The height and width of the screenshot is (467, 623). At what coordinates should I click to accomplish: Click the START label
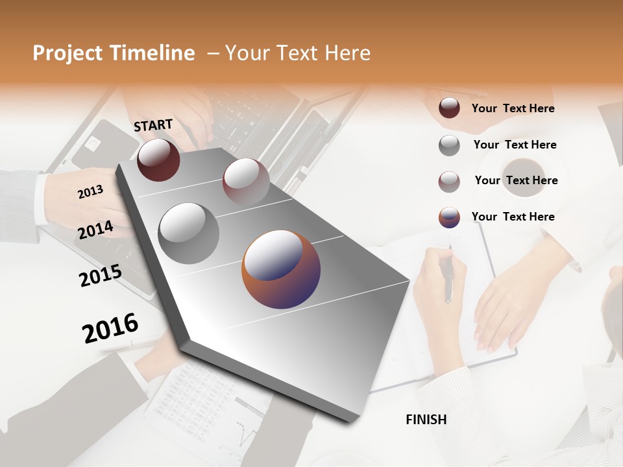(153, 125)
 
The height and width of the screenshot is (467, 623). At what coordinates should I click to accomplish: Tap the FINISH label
(426, 420)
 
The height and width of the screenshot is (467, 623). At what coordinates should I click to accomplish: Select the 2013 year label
(90, 191)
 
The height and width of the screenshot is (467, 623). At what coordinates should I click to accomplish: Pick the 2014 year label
(95, 230)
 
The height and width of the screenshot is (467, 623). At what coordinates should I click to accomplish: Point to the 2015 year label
(101, 275)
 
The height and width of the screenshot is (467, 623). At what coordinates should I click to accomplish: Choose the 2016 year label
(110, 328)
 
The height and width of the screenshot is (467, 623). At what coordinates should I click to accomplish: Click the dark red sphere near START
(158, 160)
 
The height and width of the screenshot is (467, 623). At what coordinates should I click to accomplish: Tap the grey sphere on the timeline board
(189, 233)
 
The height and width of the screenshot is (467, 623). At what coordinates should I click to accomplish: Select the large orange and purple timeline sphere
(281, 269)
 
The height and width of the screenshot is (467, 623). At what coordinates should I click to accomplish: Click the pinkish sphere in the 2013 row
(246, 181)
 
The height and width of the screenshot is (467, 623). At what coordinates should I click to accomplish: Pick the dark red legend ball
(449, 108)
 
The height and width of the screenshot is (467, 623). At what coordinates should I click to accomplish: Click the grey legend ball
(449, 145)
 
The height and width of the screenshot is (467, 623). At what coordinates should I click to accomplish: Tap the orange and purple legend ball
(449, 217)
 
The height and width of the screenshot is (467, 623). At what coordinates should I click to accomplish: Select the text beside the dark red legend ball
(513, 108)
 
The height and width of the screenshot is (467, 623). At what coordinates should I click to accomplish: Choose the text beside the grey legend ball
(515, 145)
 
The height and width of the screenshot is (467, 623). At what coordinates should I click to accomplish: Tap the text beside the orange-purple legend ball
(513, 217)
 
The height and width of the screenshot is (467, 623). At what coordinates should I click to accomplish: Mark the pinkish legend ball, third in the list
(449, 182)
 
